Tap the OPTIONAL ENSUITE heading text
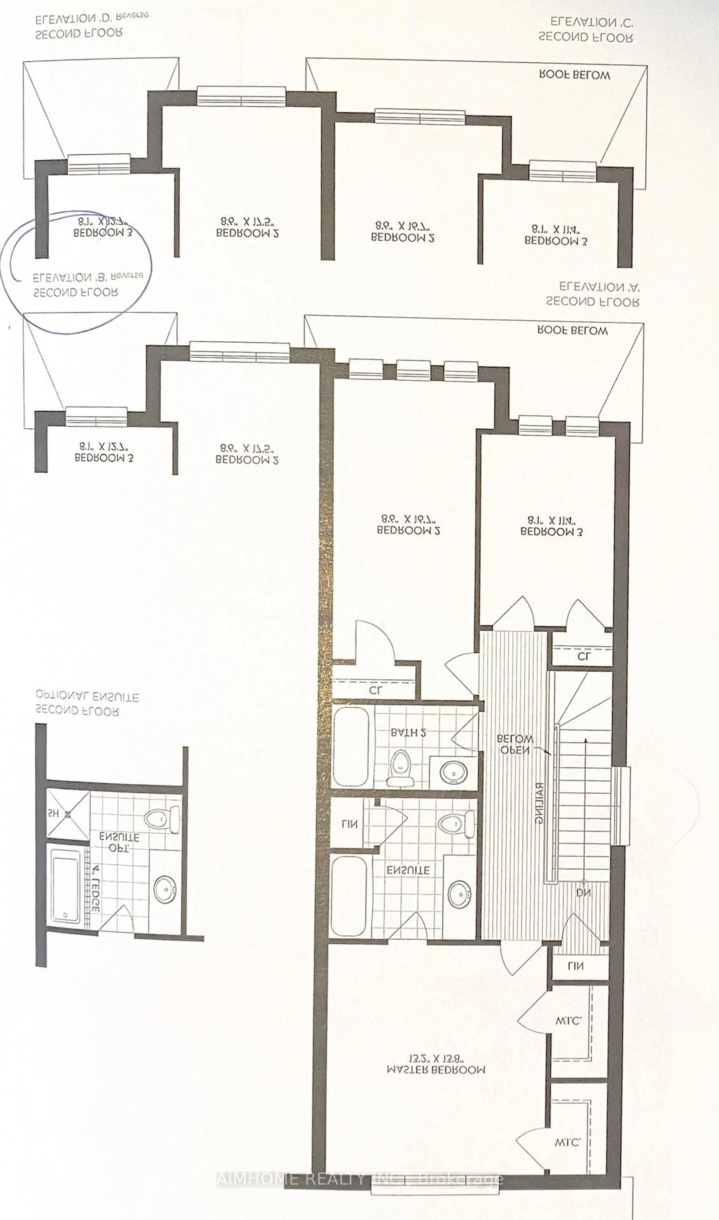click(87, 697)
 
